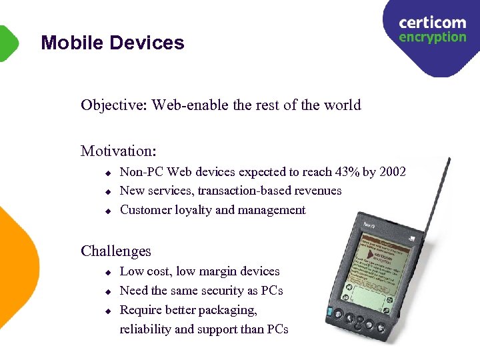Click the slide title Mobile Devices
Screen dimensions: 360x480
(112, 43)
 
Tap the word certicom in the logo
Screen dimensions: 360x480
(432, 23)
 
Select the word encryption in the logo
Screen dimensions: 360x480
(432, 37)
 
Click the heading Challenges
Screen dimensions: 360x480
(116, 251)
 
